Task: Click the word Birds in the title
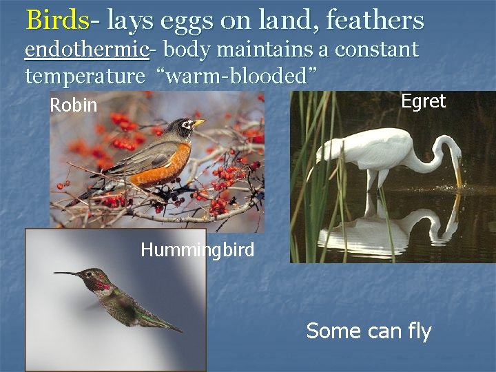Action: [57, 21]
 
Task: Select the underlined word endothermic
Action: [87, 50]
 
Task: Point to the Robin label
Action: [74, 106]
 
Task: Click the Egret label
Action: [423, 102]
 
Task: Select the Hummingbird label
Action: [197, 249]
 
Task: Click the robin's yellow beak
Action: [198, 123]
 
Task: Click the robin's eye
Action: [185, 125]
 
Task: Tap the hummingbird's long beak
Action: [69, 274]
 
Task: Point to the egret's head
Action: [451, 148]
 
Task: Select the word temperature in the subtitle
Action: [85, 75]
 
